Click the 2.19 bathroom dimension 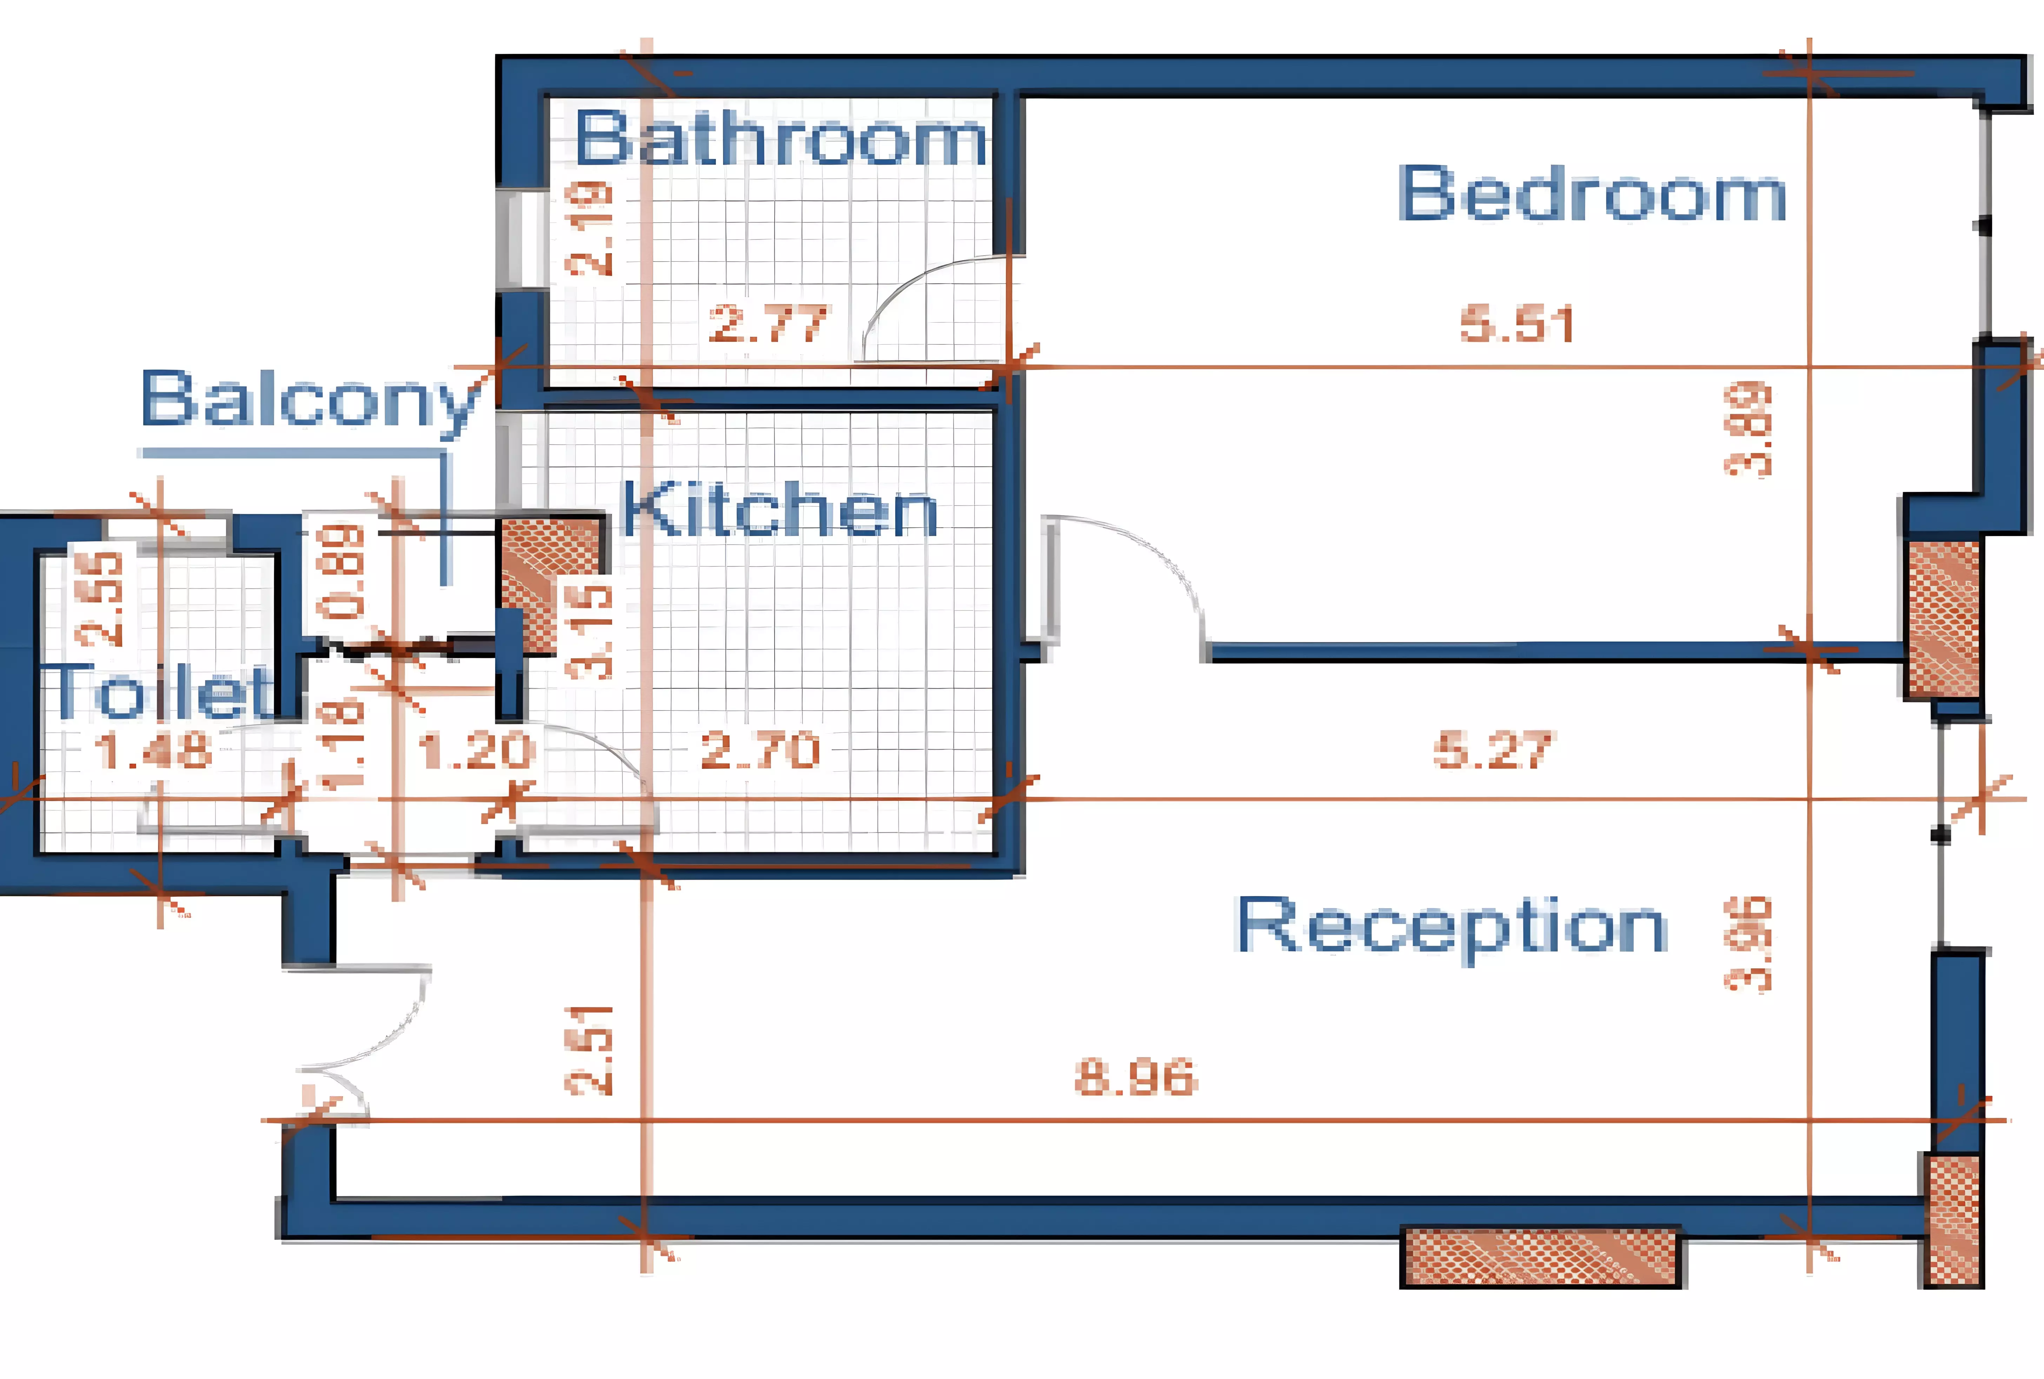[589, 229]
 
